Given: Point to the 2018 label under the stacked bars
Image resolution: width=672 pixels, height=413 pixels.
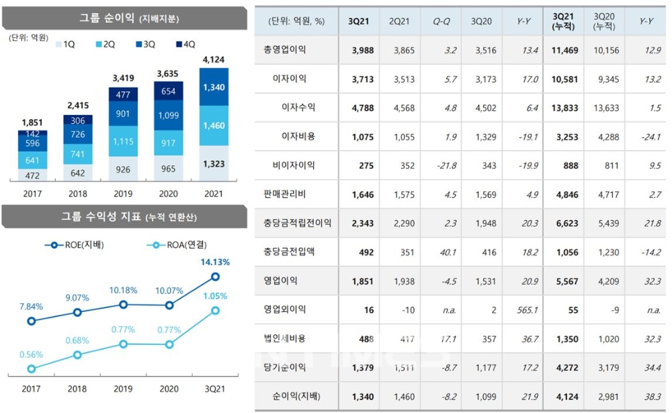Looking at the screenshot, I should (78, 193).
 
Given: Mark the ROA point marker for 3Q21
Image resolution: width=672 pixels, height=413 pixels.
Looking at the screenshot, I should (216, 310).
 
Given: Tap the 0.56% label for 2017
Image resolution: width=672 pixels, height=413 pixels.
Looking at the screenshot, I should (31, 354).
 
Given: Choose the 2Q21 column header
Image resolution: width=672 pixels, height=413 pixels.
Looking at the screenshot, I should (401, 22).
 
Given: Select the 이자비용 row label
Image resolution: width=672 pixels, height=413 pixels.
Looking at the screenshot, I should (298, 136).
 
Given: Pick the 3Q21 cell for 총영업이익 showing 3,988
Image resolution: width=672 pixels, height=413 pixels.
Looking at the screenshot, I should (362, 50).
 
